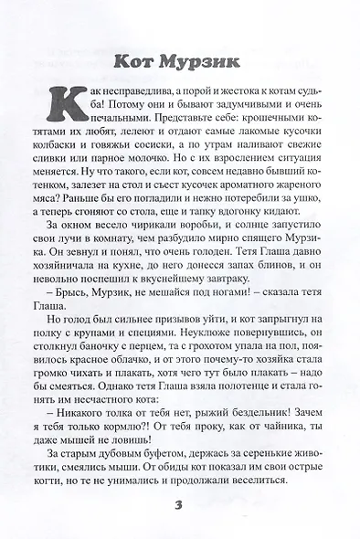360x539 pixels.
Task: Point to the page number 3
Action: click(x=179, y=507)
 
